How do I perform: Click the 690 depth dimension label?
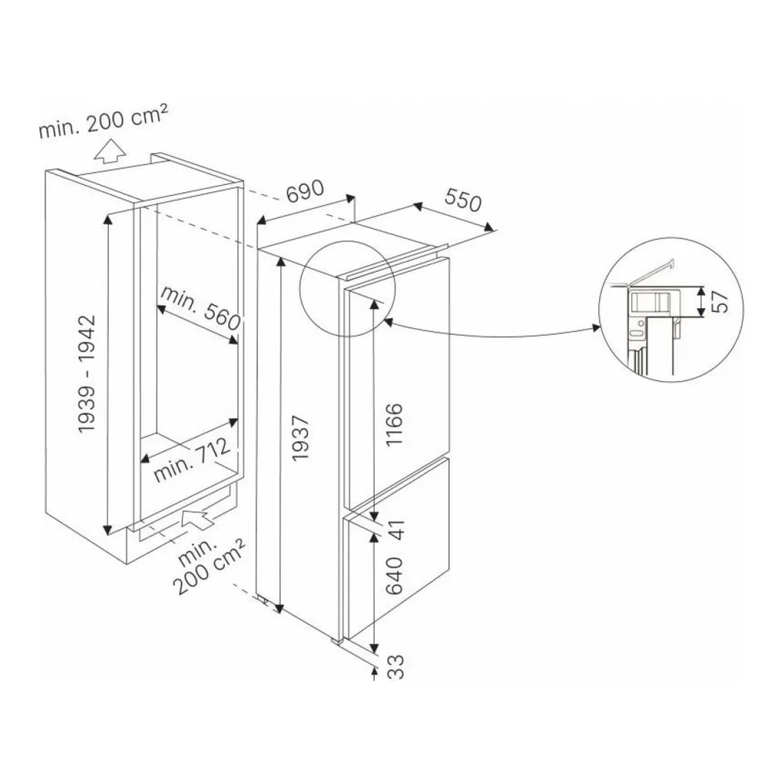click(305, 191)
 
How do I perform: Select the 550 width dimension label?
click(463, 200)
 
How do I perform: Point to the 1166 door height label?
click(394, 424)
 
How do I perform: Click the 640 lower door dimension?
click(394, 575)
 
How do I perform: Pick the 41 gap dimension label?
click(397, 529)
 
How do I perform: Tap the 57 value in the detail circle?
click(719, 301)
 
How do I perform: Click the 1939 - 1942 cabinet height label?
click(86, 373)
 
